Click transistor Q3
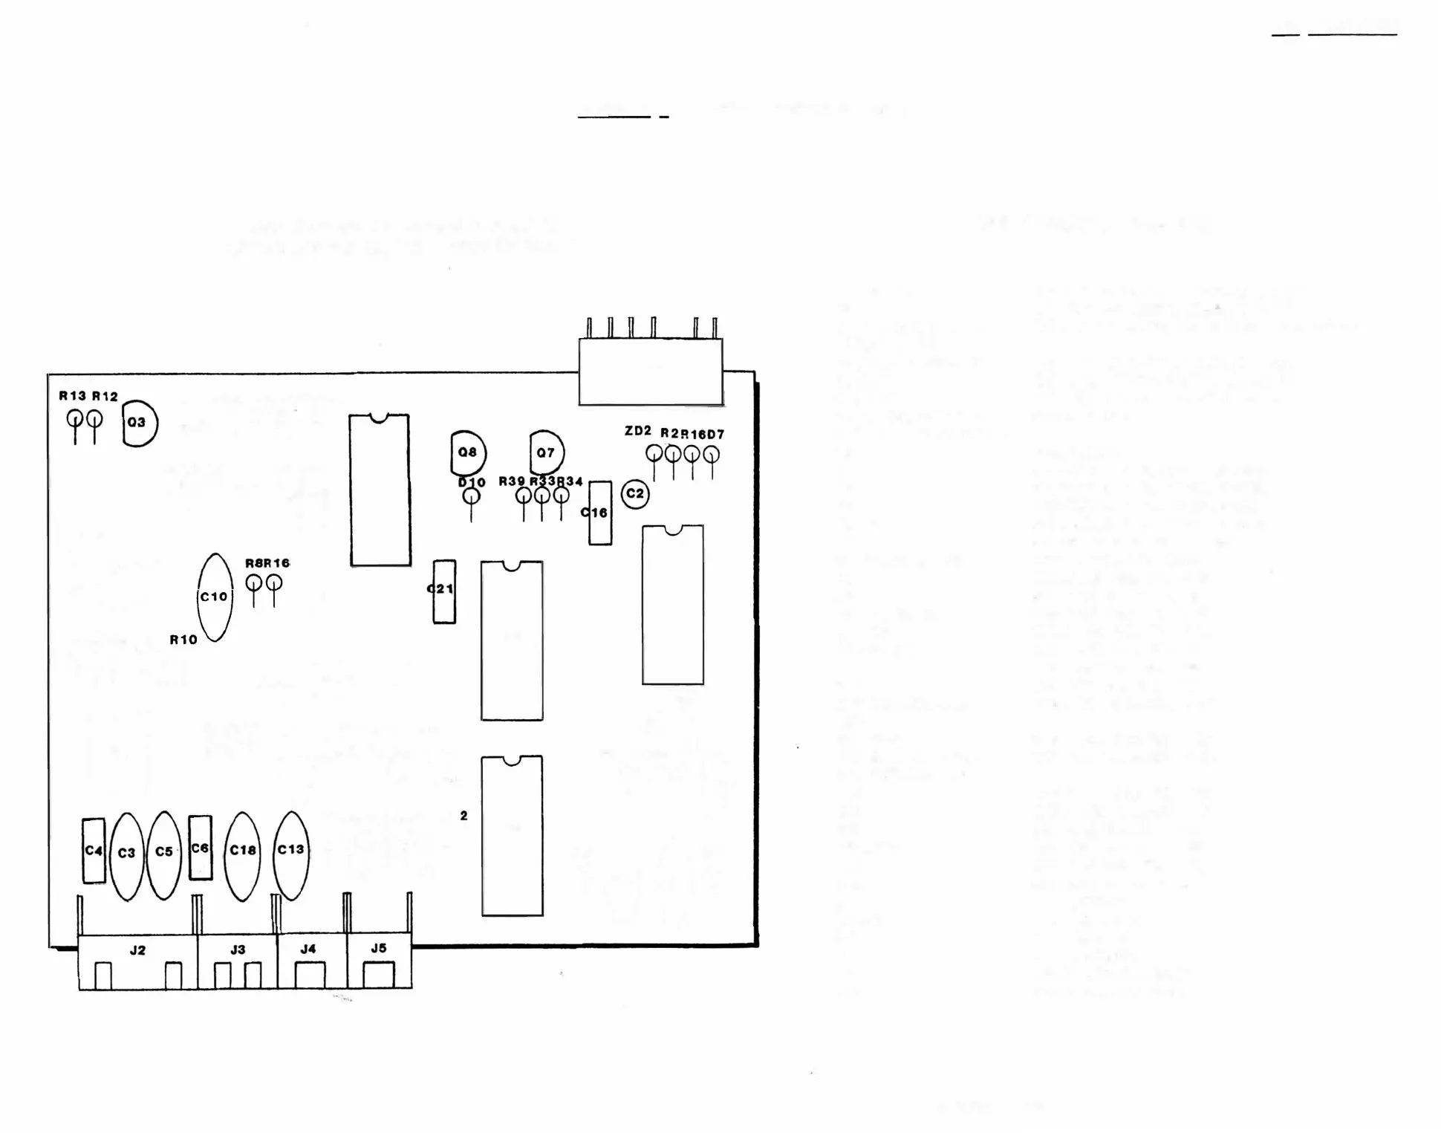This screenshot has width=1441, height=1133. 140,423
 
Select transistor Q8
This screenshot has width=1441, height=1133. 468,452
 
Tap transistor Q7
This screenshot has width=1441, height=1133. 547,452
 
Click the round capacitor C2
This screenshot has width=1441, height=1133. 635,494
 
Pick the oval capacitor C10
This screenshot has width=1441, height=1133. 215,597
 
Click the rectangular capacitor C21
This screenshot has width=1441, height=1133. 444,591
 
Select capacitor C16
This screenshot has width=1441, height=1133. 600,513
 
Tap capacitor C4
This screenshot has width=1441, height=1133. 94,851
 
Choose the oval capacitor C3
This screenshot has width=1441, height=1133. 127,854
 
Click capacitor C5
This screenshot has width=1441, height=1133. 164,854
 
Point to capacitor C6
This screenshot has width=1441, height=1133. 200,848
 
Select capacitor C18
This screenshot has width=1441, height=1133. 242,854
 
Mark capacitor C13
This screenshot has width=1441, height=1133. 290,854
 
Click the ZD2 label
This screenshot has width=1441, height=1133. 637,431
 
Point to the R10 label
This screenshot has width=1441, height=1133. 183,640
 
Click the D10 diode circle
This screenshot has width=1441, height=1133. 471,496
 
